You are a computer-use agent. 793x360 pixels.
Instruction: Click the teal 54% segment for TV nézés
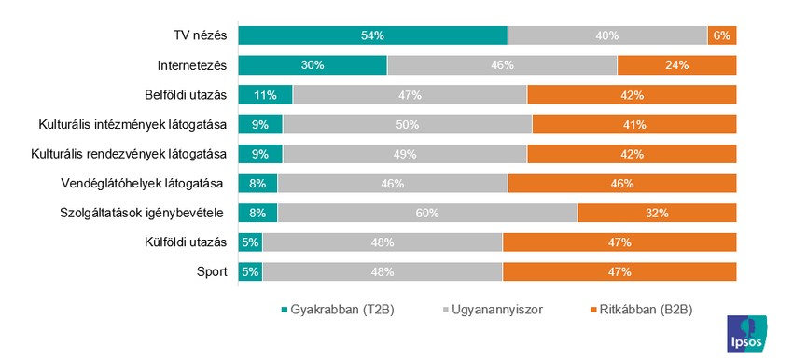(373, 35)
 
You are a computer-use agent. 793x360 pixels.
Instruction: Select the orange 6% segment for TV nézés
(722, 35)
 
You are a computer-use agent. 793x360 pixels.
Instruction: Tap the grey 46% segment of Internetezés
(502, 65)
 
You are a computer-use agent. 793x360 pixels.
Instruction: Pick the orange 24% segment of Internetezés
(676, 65)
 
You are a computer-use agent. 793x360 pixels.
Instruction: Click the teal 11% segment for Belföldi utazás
(266, 94)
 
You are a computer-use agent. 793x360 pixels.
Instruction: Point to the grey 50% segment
(408, 124)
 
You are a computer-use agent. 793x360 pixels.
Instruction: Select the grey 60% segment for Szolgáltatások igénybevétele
(427, 213)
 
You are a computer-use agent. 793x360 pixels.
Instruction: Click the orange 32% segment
(657, 213)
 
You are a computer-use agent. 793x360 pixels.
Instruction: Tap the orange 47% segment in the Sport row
(619, 271)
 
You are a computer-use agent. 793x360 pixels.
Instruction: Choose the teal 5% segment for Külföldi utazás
(250, 242)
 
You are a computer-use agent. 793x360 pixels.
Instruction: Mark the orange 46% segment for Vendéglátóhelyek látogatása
(622, 183)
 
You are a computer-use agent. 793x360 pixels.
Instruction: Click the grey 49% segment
(405, 154)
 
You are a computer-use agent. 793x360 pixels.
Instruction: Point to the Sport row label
(210, 271)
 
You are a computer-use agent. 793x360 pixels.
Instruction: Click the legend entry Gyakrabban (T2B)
(338, 310)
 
